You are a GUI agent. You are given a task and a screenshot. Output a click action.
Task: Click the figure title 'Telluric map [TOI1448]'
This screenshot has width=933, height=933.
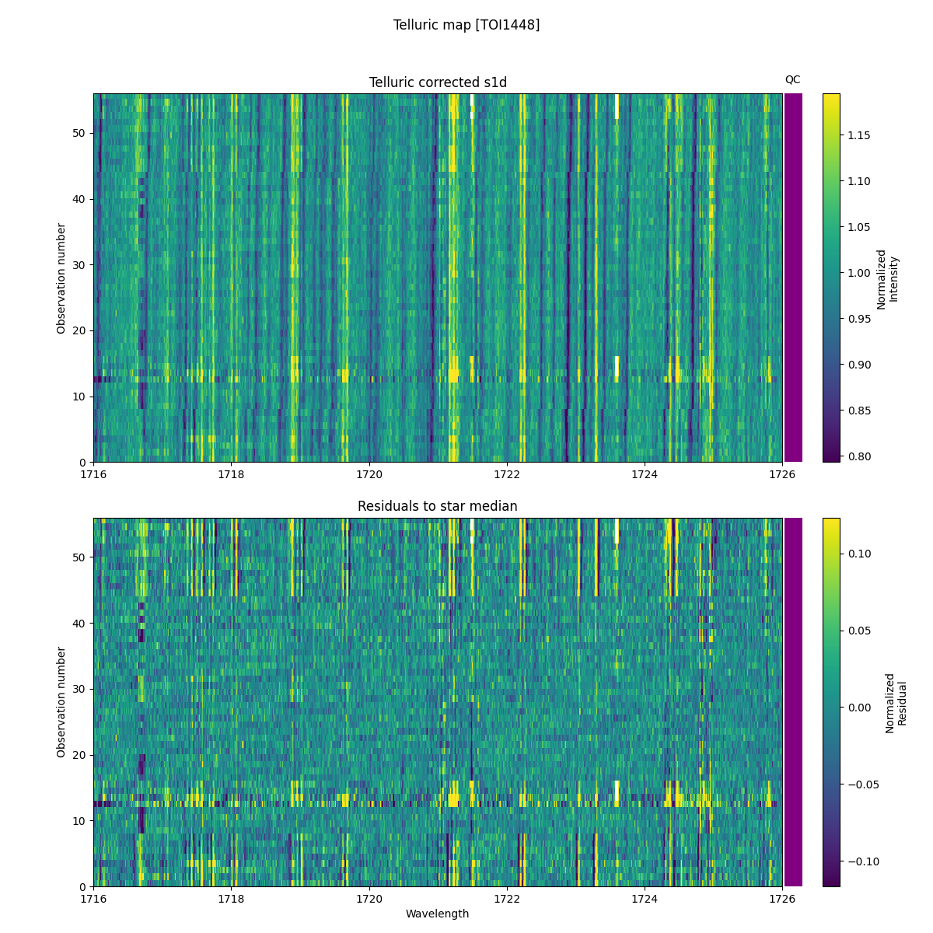[466, 25]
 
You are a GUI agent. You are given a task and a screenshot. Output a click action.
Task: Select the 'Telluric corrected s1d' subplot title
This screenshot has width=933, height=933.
[438, 82]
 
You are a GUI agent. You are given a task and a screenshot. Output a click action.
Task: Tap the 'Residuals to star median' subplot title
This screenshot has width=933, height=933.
[438, 506]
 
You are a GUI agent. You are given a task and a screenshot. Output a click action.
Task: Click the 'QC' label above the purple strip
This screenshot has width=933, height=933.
[792, 79]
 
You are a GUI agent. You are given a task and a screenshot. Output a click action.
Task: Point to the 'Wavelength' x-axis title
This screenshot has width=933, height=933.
[438, 914]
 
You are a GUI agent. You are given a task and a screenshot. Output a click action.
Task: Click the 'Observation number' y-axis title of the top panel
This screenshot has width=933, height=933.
[61, 278]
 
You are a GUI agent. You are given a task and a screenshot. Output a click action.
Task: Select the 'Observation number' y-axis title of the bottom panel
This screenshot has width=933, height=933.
[61, 702]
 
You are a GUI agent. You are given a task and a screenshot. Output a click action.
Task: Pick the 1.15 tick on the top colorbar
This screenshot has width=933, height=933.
[858, 135]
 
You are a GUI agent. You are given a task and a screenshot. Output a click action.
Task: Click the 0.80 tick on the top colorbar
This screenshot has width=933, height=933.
[858, 456]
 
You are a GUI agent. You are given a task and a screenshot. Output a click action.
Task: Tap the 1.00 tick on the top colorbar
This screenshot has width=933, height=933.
[858, 273]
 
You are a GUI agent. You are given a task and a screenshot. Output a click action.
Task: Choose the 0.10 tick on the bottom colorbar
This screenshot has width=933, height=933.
[859, 554]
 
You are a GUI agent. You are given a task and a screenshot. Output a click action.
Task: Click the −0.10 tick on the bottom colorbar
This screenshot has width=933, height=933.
[862, 861]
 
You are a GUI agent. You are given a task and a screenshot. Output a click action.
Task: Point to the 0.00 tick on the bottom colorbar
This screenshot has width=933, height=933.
[859, 708]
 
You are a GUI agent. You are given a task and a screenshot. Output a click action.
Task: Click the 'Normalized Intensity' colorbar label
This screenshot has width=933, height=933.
[887, 279]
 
